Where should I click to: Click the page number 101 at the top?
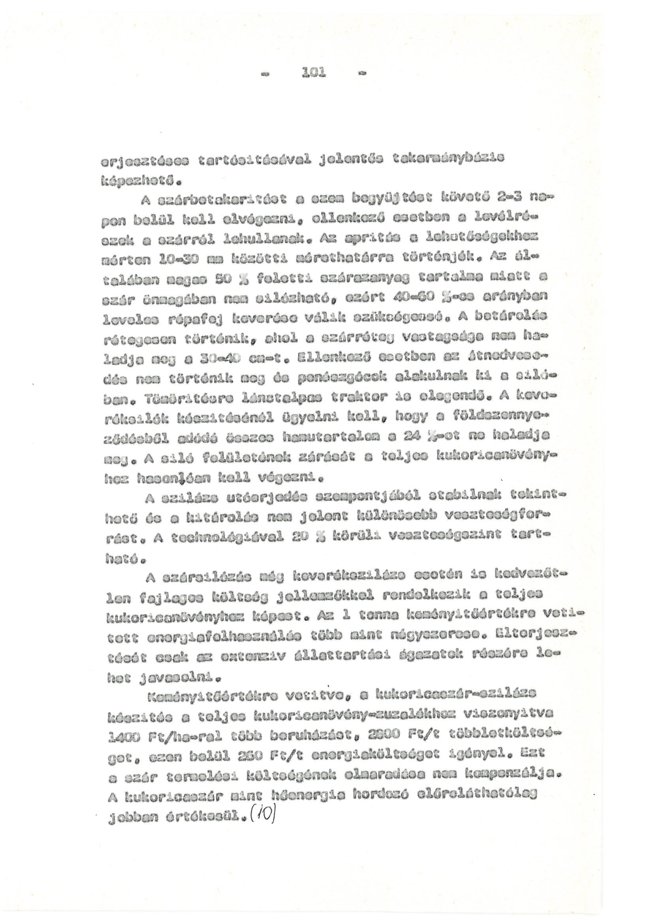click(314, 73)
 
